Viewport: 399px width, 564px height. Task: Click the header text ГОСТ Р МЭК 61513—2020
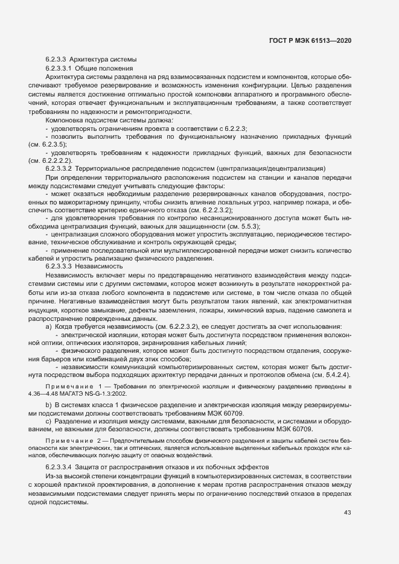point(310,40)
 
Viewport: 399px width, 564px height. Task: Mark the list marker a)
point(49,326)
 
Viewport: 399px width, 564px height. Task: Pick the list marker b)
point(49,402)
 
